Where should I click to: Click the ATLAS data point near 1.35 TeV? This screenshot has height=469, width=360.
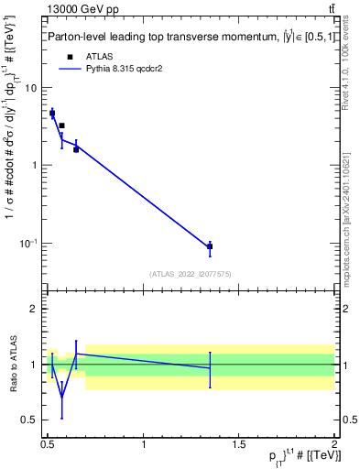pyautogui.click(x=210, y=246)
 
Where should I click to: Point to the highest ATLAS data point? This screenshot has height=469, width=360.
pyautogui.click(x=52, y=114)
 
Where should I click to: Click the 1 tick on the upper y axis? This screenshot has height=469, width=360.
pyautogui.click(x=34, y=166)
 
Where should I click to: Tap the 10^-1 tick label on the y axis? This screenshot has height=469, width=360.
pyautogui.click(x=28, y=243)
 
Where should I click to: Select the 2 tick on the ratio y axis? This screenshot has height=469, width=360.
pyautogui.click(x=34, y=309)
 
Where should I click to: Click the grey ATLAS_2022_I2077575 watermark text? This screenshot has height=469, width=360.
pyautogui.click(x=191, y=273)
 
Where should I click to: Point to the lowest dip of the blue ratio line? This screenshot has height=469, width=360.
pyautogui.click(x=61, y=397)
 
